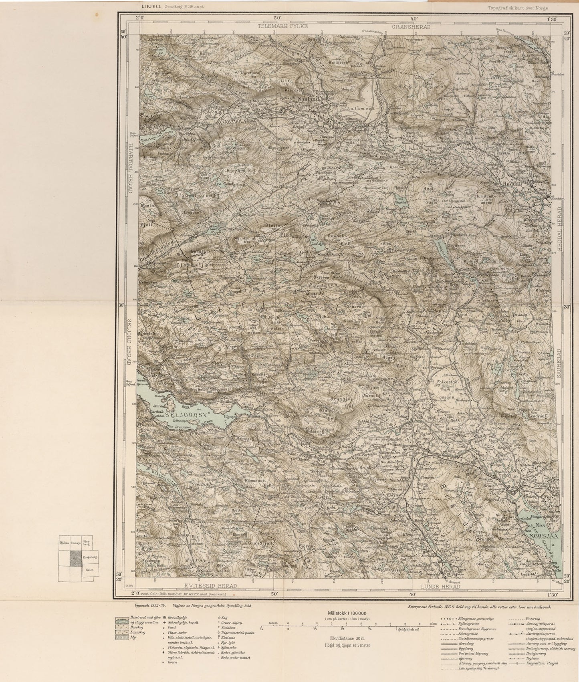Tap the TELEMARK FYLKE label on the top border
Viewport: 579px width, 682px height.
[x=283, y=26]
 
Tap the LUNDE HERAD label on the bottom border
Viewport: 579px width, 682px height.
[x=440, y=586]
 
